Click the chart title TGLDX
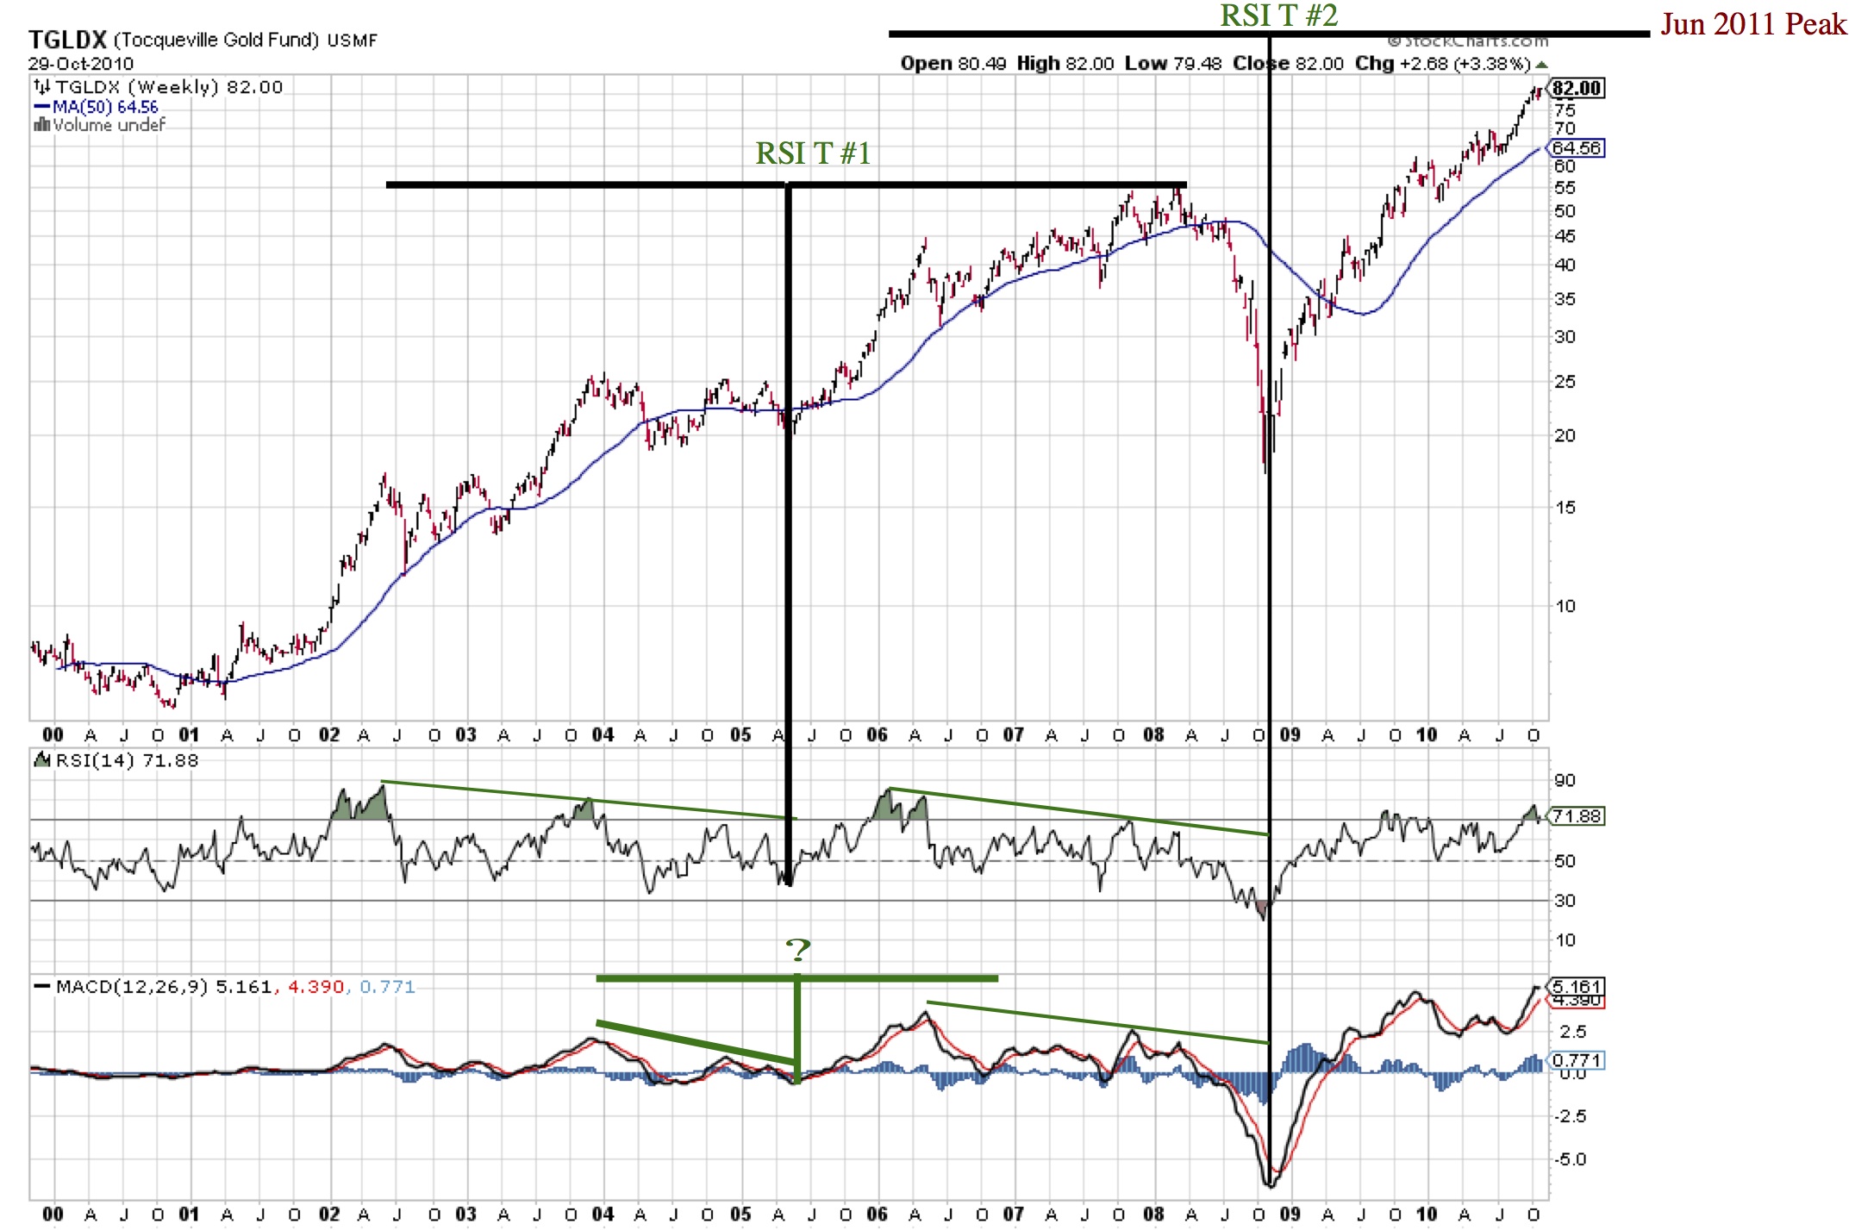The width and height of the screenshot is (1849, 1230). pos(67,40)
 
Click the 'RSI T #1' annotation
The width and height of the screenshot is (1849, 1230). pos(813,153)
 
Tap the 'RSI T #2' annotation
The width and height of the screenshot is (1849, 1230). pos(1278,16)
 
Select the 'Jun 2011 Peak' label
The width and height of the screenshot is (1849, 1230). pos(1753,24)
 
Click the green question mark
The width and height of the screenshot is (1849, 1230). pos(798,950)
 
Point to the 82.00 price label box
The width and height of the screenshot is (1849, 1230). pos(1577,88)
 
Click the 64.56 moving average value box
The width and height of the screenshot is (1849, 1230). pos(1577,148)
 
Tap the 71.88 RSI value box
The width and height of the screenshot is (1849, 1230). pos(1577,815)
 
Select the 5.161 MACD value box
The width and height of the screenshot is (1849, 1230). pos(1577,986)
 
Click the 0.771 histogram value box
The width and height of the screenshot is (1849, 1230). pos(1577,1060)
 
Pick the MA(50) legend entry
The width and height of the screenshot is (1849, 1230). pos(97,107)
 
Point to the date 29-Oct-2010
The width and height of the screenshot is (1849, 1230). pos(81,64)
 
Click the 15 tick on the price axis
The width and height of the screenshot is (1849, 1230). pos(1565,508)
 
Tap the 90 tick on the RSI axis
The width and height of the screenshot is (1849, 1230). pos(1565,780)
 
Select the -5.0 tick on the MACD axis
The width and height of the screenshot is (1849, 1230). pos(1569,1159)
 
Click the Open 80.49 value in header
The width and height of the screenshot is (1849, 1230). pos(953,64)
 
